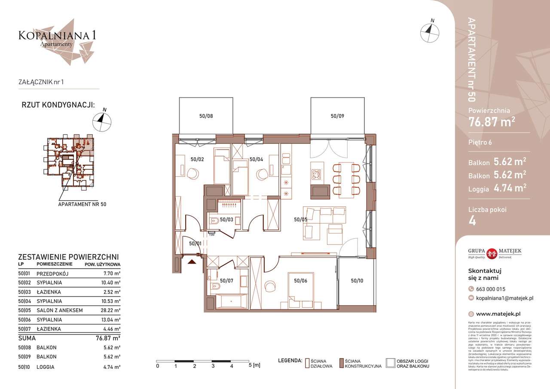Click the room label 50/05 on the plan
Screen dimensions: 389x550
(x=300, y=219)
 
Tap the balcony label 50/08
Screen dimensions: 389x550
(x=206, y=116)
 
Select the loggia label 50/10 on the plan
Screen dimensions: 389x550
(x=357, y=281)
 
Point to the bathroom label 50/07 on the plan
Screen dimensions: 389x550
(x=226, y=281)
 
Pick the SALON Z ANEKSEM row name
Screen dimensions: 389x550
(x=60, y=310)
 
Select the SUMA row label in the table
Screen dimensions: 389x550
(x=27, y=338)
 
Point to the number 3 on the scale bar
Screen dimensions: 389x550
(x=213, y=366)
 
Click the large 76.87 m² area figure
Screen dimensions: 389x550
(x=492, y=122)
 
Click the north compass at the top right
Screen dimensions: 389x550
(x=430, y=31)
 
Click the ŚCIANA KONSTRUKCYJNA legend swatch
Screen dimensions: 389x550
(x=342, y=363)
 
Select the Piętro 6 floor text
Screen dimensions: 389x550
(x=480, y=143)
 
